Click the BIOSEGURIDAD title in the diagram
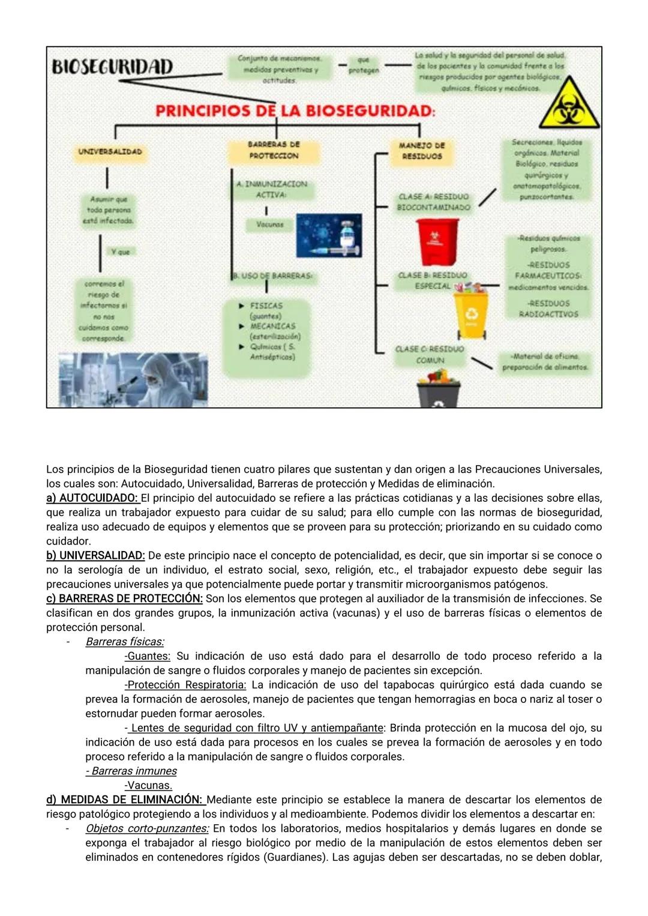(112, 67)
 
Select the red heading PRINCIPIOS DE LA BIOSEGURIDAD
(295, 110)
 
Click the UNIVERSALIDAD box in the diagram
(110, 152)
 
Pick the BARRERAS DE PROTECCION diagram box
(274, 150)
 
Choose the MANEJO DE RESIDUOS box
(422, 151)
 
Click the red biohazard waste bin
(437, 241)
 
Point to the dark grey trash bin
(439, 393)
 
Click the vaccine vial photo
(329, 235)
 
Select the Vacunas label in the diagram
(270, 224)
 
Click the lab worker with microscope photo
(133, 379)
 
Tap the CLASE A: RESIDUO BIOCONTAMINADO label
(433, 202)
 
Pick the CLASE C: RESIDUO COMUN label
(430, 354)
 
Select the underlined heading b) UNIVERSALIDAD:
(95, 556)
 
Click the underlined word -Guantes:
(148, 656)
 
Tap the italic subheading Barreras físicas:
(125, 642)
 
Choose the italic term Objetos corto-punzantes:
(147, 828)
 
